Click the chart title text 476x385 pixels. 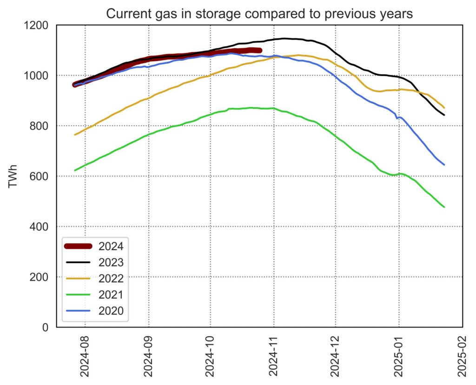pos(259,13)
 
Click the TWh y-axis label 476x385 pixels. pos(13,177)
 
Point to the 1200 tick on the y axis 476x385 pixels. pos(40,25)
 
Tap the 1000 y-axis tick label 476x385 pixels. pos(40,76)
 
